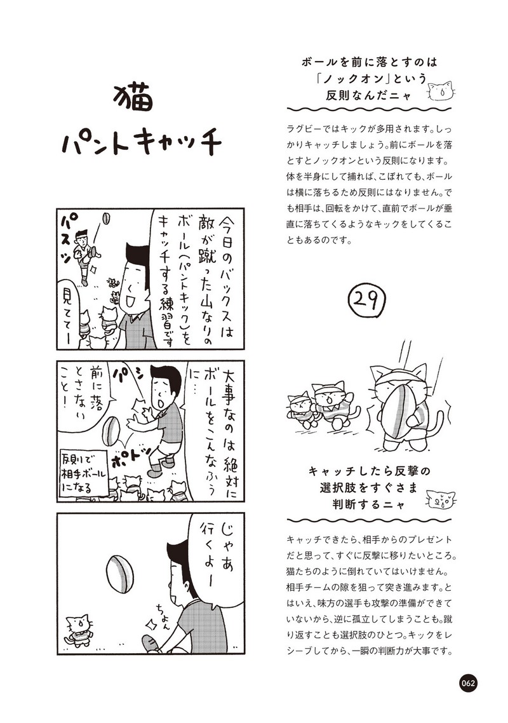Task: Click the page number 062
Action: click(468, 684)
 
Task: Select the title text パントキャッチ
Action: click(140, 144)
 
